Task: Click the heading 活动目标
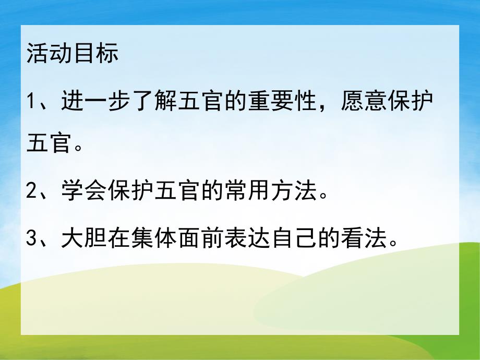(x=73, y=54)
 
